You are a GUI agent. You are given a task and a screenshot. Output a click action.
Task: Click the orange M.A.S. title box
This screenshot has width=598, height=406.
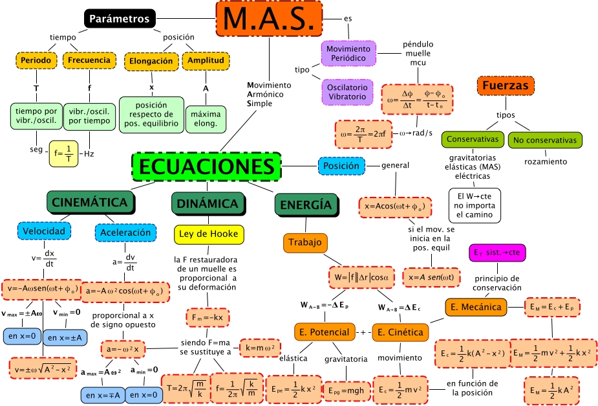[268, 18]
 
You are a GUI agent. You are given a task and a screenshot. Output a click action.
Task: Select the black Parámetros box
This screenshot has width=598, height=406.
[119, 19]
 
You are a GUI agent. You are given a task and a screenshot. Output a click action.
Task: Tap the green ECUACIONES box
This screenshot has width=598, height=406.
[207, 166]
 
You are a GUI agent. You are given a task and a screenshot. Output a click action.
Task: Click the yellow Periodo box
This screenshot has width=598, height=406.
[36, 61]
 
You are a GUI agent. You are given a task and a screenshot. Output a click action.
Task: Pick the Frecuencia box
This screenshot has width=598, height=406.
[89, 61]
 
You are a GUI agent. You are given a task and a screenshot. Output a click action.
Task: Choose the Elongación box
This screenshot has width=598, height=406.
[151, 61]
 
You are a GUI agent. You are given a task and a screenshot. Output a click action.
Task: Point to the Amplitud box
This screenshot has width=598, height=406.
[206, 61]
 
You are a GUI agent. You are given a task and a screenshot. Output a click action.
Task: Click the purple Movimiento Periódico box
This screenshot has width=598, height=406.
[348, 54]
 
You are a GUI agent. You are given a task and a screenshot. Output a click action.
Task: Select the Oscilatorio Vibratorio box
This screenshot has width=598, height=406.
[348, 92]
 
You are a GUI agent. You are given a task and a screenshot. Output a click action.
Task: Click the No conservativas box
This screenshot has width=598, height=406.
[545, 140]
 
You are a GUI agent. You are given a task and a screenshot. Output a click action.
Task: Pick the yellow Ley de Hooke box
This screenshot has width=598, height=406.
[209, 234]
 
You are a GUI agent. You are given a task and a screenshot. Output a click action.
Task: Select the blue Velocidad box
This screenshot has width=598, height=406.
[44, 231]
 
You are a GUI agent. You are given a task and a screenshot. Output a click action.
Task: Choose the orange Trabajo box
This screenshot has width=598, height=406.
[304, 243]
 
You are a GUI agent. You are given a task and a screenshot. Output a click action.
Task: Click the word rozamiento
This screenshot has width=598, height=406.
[545, 161]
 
